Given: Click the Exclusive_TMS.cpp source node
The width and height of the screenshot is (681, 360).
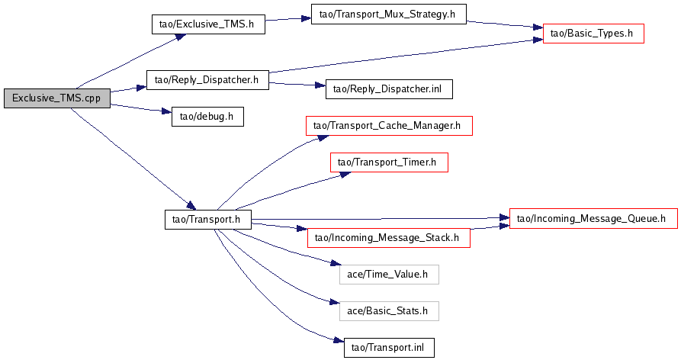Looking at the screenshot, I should [56, 98].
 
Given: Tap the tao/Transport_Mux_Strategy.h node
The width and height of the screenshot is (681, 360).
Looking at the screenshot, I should [387, 14].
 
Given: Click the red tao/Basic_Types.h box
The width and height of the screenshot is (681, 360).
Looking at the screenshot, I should [593, 34].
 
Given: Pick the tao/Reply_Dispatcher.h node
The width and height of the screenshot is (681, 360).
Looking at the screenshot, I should [207, 79].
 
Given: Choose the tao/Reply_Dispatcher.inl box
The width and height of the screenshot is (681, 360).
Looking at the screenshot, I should [389, 89].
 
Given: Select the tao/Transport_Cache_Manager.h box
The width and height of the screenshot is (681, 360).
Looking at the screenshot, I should [389, 126].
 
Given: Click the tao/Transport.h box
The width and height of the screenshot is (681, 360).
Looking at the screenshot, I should [207, 220].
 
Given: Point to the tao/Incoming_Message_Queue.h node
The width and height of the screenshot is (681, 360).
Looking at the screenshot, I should [593, 219].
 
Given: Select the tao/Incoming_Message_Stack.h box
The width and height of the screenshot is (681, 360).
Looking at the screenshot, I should [388, 238].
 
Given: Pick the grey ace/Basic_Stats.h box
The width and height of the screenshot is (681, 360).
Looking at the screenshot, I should [389, 310].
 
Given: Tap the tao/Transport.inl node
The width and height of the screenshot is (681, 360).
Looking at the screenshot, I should [389, 348].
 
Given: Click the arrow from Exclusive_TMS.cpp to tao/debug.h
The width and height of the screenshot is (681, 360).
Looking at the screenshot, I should [137, 108].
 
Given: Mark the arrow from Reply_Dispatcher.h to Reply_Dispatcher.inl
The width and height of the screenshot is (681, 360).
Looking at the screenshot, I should [297, 85].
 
